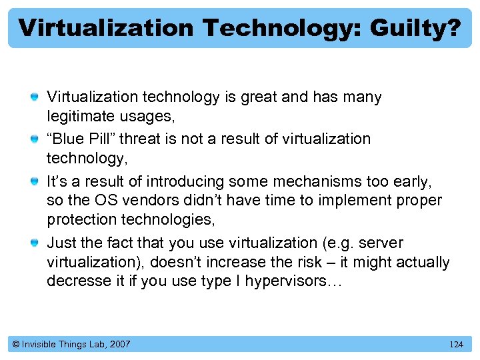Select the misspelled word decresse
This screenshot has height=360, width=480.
coord(75,281)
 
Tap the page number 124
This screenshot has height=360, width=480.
coord(456,345)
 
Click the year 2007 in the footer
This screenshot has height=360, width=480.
coord(119,344)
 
